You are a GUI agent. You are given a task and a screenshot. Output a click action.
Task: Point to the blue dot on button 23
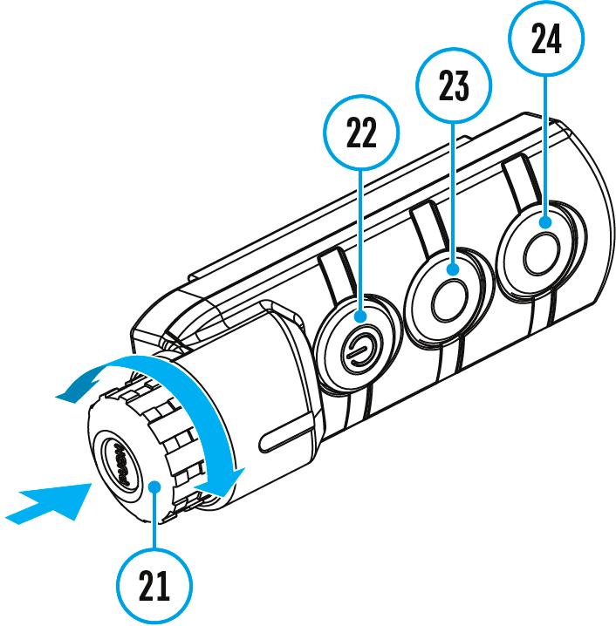click(453, 272)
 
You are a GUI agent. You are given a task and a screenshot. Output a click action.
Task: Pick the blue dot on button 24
click(545, 224)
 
